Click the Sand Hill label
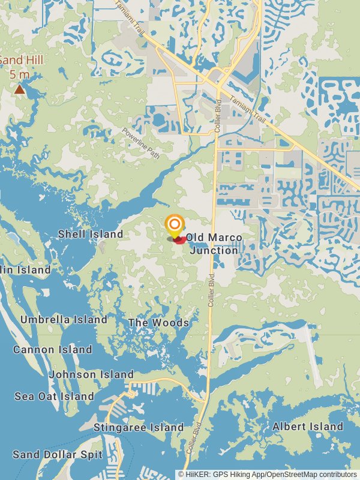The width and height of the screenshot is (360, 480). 14,61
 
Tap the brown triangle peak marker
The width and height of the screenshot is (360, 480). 20,89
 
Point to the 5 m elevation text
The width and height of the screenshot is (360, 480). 19,75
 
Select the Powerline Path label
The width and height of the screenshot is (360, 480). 142,143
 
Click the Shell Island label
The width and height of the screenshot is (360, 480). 91,234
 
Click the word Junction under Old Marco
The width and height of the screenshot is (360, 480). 214,250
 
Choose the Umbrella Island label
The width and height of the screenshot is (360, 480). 64,320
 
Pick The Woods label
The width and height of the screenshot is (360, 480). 158,323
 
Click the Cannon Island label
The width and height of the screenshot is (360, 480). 53,349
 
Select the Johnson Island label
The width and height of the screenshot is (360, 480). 91,374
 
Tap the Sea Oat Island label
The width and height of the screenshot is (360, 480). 55,396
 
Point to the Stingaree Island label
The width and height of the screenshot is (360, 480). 139,427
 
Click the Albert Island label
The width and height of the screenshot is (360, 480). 308,427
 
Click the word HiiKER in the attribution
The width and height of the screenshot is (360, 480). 197,475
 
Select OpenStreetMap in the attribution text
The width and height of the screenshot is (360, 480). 293,475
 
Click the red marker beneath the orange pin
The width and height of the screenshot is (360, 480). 179,240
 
